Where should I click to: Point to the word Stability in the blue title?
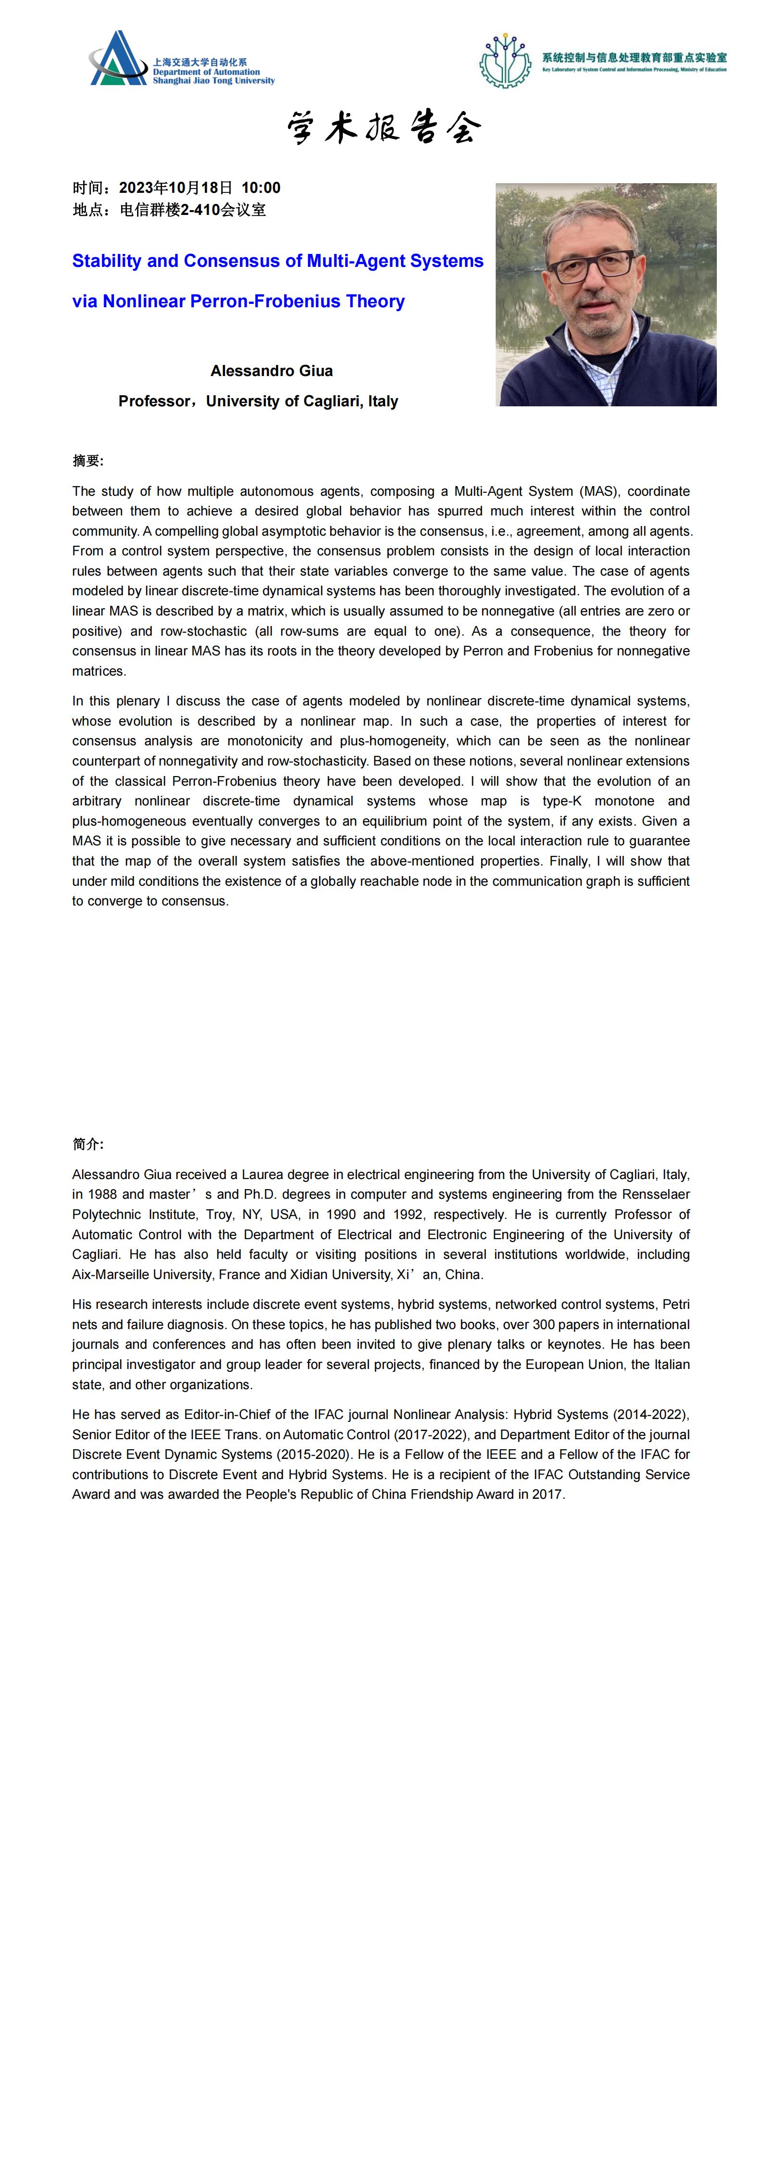pos(106,261)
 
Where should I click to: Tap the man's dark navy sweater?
pos(671,369)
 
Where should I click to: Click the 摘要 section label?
pos(87,461)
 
